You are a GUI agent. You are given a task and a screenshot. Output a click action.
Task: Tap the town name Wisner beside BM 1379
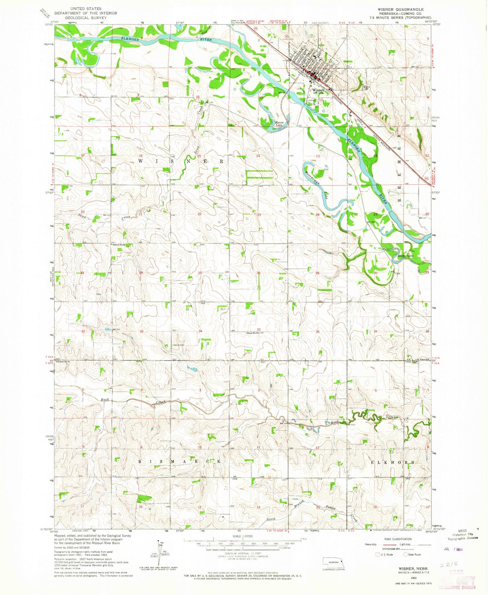point(318,90)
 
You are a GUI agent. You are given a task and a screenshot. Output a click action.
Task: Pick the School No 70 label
point(64,361)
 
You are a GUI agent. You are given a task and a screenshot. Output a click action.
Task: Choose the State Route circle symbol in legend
point(405,554)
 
